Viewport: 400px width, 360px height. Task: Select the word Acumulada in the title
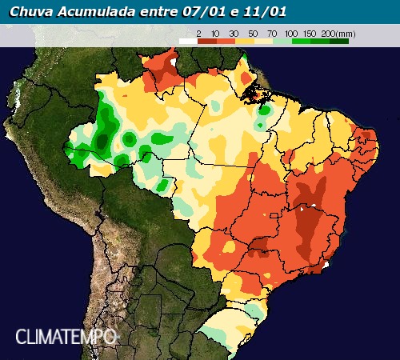[88, 11]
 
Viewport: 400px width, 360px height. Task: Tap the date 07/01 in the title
[186, 11]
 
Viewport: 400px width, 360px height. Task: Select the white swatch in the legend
[187, 39]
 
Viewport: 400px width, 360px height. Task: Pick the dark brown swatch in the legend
[206, 39]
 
